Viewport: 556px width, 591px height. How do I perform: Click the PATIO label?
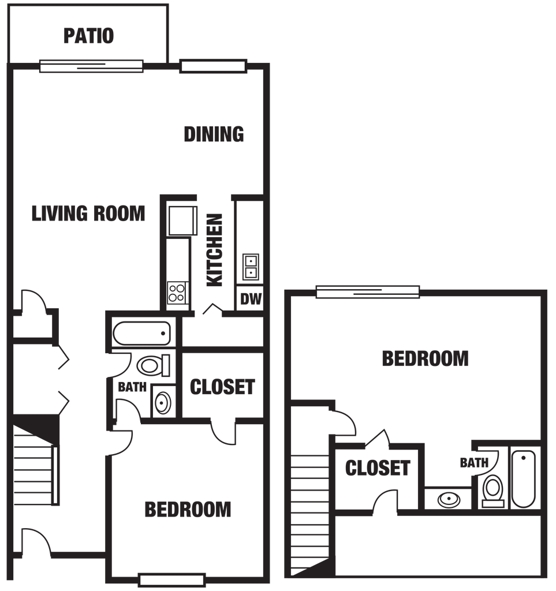(88, 36)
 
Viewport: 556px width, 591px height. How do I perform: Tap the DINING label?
(214, 134)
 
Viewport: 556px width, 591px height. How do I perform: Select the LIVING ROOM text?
(88, 214)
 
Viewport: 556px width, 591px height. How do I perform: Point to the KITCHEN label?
(215, 250)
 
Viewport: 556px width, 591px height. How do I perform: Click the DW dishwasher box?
(250, 298)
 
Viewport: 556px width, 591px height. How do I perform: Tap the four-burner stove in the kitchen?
(177, 293)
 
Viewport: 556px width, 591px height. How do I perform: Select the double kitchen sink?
(251, 267)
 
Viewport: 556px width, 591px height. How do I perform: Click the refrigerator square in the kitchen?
(182, 220)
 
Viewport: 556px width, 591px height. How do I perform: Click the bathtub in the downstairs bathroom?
(141, 333)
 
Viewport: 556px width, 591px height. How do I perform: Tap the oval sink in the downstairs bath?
(163, 402)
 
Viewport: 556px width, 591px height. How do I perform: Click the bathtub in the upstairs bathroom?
(523, 480)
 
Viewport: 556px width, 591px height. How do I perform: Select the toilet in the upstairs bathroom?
(492, 491)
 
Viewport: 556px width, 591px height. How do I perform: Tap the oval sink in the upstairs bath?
(449, 500)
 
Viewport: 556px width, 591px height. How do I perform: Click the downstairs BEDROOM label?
(188, 509)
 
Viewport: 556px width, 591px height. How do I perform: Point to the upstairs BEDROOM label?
(425, 358)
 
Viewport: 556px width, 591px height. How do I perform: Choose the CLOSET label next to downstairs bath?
(222, 387)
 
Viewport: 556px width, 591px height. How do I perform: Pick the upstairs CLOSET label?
(378, 467)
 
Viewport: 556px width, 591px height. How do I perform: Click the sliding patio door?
(91, 66)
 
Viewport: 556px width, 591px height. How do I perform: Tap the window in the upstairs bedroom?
(368, 291)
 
